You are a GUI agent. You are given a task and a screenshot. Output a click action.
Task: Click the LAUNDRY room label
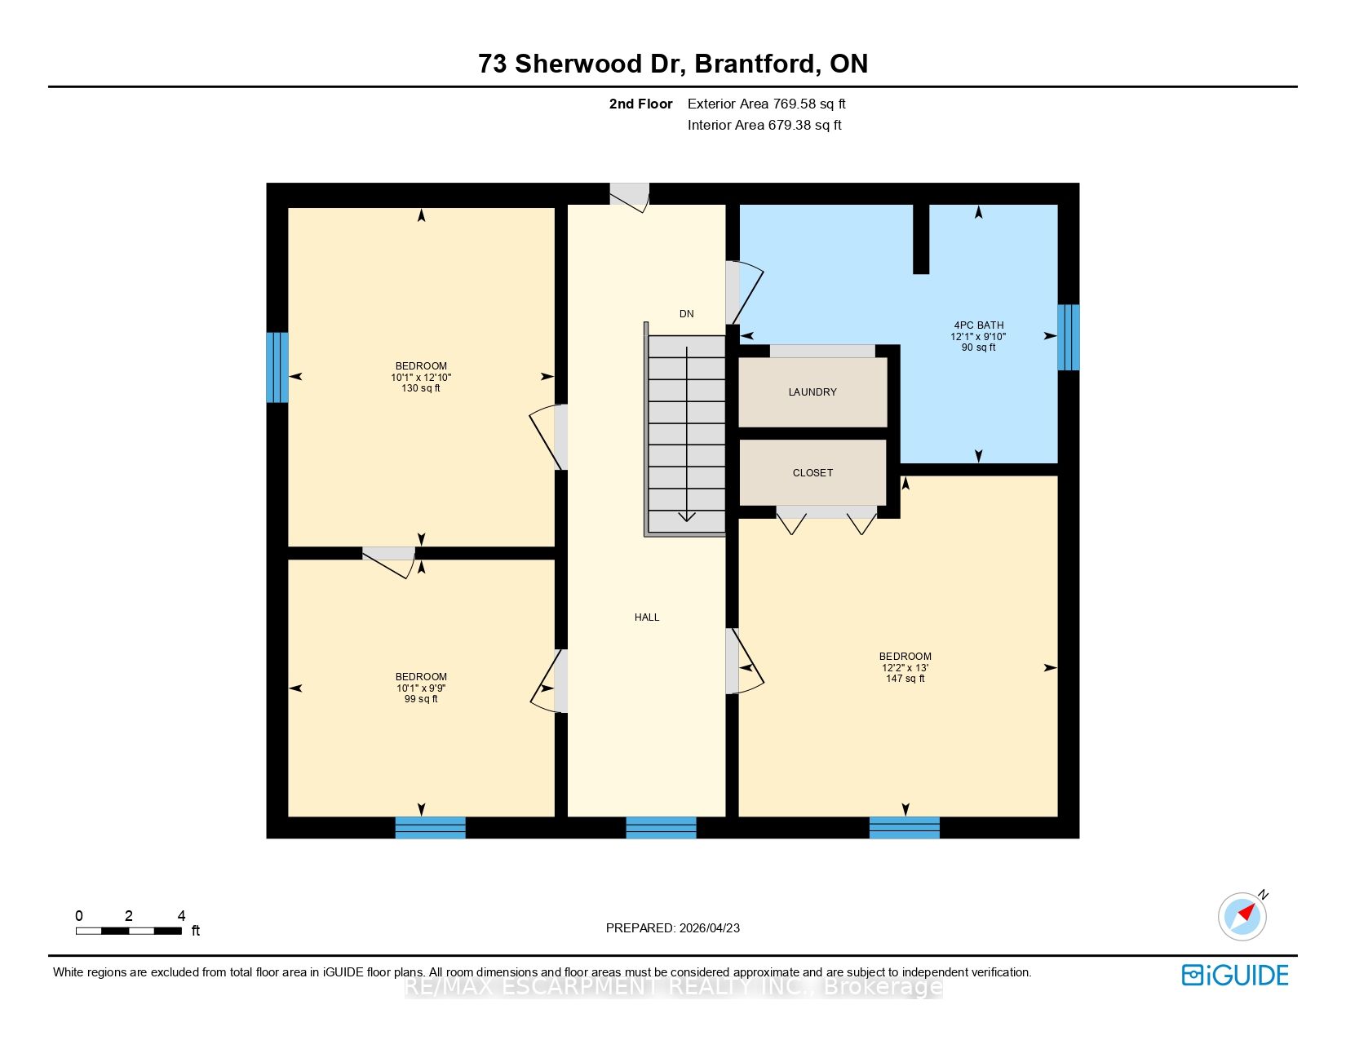(812, 392)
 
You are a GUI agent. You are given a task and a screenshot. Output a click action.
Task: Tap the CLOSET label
(812, 472)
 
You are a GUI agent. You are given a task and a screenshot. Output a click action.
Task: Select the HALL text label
(647, 617)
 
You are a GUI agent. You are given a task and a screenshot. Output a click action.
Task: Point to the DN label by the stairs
(686, 313)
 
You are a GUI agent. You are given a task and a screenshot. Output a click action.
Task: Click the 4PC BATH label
(979, 325)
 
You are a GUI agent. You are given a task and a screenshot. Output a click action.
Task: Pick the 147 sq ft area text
(905, 679)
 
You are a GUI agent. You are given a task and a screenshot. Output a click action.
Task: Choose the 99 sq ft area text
(421, 699)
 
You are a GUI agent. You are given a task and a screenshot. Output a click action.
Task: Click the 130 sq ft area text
(421, 387)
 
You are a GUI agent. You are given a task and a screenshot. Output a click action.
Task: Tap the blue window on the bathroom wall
(1068, 337)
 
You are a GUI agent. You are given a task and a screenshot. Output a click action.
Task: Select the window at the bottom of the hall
(661, 828)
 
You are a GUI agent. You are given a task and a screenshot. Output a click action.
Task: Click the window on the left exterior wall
(277, 367)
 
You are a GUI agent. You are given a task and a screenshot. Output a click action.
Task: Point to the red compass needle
(1246, 912)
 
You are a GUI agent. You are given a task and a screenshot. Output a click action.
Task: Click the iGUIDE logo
(1234, 975)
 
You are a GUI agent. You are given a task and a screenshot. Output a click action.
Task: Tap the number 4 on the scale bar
(181, 915)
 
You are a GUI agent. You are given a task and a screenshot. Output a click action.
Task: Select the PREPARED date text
(673, 928)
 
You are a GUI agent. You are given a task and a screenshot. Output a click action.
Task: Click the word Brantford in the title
(755, 64)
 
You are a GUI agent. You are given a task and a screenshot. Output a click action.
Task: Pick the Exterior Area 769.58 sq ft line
(766, 104)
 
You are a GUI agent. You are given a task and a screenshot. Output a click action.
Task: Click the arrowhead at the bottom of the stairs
(686, 516)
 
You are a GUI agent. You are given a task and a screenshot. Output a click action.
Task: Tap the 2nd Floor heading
(640, 104)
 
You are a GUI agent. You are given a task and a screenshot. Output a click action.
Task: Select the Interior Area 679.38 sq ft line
(764, 125)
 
